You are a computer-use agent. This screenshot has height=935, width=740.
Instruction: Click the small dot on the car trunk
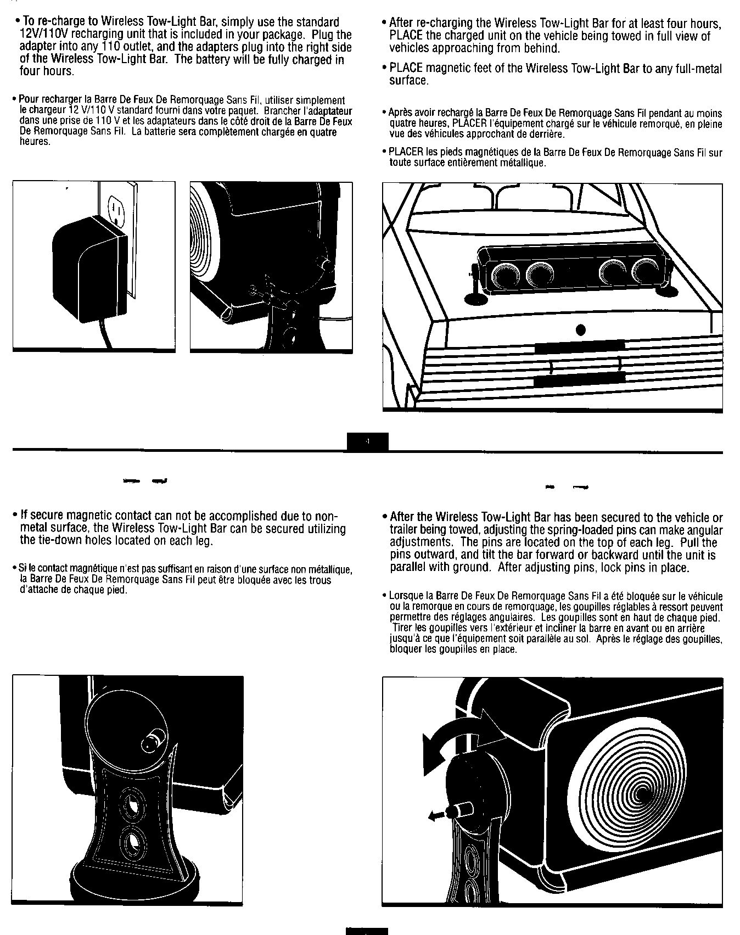[581, 330]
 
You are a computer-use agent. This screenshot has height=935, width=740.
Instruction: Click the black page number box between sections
[368, 441]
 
